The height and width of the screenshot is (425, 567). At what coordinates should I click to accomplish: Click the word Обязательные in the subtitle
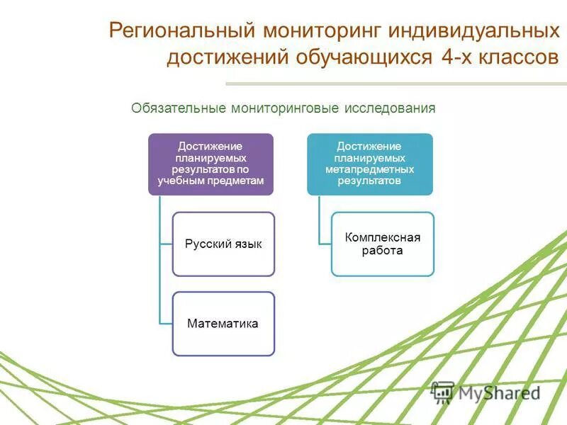179,108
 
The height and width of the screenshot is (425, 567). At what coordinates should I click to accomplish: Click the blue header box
369,164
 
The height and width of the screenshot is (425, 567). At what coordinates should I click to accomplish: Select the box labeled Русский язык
223,244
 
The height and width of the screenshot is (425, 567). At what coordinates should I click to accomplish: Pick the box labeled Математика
223,324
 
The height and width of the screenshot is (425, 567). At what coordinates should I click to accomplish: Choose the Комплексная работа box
383,244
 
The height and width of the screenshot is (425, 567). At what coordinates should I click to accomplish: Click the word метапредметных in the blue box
369,170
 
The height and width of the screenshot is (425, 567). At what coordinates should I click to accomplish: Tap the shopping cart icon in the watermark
443,392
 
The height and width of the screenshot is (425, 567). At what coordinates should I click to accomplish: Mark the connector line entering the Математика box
166,324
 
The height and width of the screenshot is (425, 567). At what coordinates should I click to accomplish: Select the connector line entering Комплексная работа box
325,244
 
